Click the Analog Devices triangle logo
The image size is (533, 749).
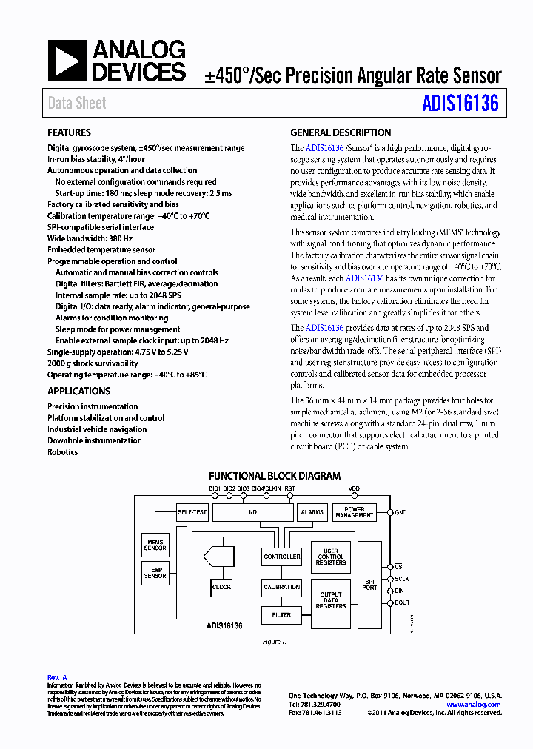coord(67,61)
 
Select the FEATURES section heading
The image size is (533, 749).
coord(69,133)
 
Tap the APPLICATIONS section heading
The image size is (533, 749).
coord(78,392)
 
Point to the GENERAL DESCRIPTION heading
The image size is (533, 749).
coord(341,133)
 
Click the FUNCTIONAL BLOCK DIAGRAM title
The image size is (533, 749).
coord(275,477)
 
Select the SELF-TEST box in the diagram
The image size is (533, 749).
coord(193,511)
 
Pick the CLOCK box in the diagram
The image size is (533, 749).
coord(221,587)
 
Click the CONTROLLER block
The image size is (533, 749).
coord(281,557)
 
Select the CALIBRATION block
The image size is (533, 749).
coord(281,587)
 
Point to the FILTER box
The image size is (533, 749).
coord(281,615)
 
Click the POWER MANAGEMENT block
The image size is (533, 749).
coord(355,512)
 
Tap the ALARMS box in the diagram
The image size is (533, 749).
coord(312,511)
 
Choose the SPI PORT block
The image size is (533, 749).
coord(369,584)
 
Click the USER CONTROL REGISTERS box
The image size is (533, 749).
coord(330,557)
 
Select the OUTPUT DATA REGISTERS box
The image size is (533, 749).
coord(330,600)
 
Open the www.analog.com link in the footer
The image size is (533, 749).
coord(474,705)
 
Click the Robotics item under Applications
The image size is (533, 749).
coord(62,452)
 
